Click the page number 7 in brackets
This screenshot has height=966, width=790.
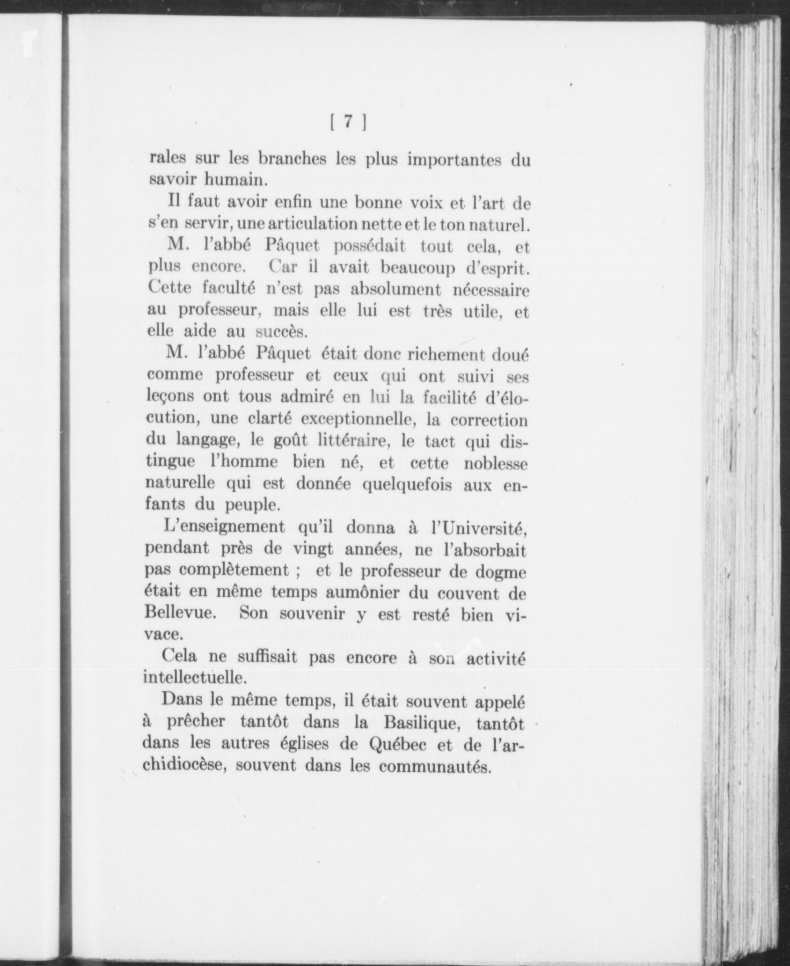348,122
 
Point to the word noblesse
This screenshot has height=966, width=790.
496,463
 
